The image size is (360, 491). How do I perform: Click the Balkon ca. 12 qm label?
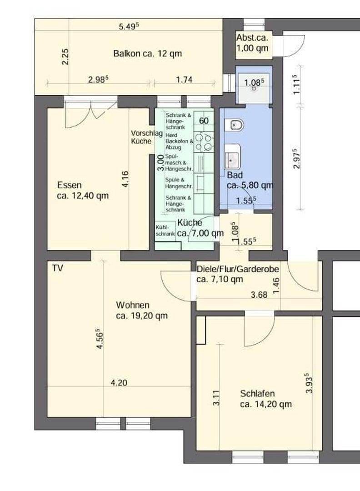(x=147, y=53)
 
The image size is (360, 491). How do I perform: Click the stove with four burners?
(x=204, y=142)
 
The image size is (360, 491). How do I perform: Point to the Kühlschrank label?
(x=165, y=230)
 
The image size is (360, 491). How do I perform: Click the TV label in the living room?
(x=57, y=268)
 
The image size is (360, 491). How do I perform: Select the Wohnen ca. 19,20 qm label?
(x=142, y=311)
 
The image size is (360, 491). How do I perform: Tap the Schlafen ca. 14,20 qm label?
(x=266, y=399)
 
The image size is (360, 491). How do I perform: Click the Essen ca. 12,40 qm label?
(x=83, y=190)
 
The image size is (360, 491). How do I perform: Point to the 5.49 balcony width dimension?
(x=129, y=26)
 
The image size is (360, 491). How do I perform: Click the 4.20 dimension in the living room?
(x=119, y=383)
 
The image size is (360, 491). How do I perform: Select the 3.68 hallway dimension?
(x=259, y=295)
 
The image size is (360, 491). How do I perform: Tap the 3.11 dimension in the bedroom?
(x=216, y=398)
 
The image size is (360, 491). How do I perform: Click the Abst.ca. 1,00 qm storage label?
(x=252, y=43)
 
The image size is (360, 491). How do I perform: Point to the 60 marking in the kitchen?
(x=204, y=120)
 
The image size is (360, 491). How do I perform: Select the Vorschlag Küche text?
(x=146, y=137)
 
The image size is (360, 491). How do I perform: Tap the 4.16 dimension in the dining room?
(x=125, y=179)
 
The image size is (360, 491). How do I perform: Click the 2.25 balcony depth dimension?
(x=65, y=57)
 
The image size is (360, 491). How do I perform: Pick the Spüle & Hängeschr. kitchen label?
(x=179, y=183)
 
